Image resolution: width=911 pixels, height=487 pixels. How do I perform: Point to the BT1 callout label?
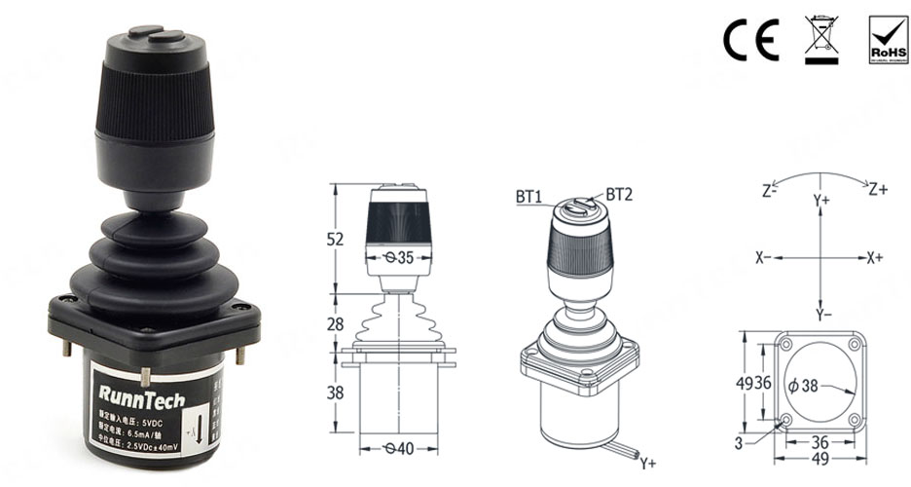529,197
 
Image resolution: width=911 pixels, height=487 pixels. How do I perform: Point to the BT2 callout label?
619,195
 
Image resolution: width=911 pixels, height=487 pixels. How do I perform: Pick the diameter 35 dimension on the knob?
397,258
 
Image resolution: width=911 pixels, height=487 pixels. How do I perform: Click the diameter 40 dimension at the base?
397,449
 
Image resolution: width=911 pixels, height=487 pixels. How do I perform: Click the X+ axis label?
874,258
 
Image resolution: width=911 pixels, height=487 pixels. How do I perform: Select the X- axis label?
764,258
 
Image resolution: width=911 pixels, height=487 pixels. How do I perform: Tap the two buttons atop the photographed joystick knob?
156,34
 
